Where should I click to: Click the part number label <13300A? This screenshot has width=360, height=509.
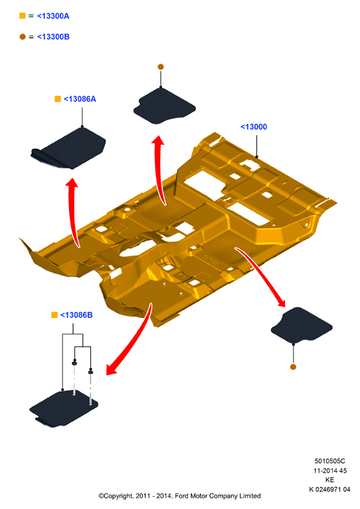click(x=53, y=16)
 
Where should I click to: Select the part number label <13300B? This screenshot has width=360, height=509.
click(x=53, y=36)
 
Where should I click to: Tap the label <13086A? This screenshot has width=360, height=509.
click(x=80, y=99)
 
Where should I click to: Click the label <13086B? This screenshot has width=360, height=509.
click(x=76, y=315)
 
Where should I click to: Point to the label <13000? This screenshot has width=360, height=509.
click(x=254, y=127)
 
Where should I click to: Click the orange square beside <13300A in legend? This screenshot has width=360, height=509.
click(x=23, y=15)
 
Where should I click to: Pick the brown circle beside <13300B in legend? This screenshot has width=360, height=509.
click(x=23, y=36)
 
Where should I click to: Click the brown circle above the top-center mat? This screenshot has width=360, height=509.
click(x=161, y=67)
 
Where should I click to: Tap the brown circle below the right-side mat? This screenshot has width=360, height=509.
click(x=293, y=367)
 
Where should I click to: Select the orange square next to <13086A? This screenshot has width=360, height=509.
click(x=58, y=99)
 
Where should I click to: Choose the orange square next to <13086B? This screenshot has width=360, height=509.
click(x=54, y=315)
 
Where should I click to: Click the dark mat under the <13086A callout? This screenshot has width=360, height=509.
click(x=69, y=149)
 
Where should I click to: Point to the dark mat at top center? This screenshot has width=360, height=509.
click(x=164, y=106)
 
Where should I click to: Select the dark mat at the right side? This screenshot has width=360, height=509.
click(x=301, y=325)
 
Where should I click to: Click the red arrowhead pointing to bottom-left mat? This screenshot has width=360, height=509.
click(x=112, y=368)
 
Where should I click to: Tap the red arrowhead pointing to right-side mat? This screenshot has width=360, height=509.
click(x=281, y=302)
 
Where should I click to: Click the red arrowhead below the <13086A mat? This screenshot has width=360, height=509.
click(x=72, y=182)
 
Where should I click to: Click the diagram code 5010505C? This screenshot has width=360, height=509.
click(x=330, y=461)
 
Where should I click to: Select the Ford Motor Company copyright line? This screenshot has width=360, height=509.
click(x=180, y=496)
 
